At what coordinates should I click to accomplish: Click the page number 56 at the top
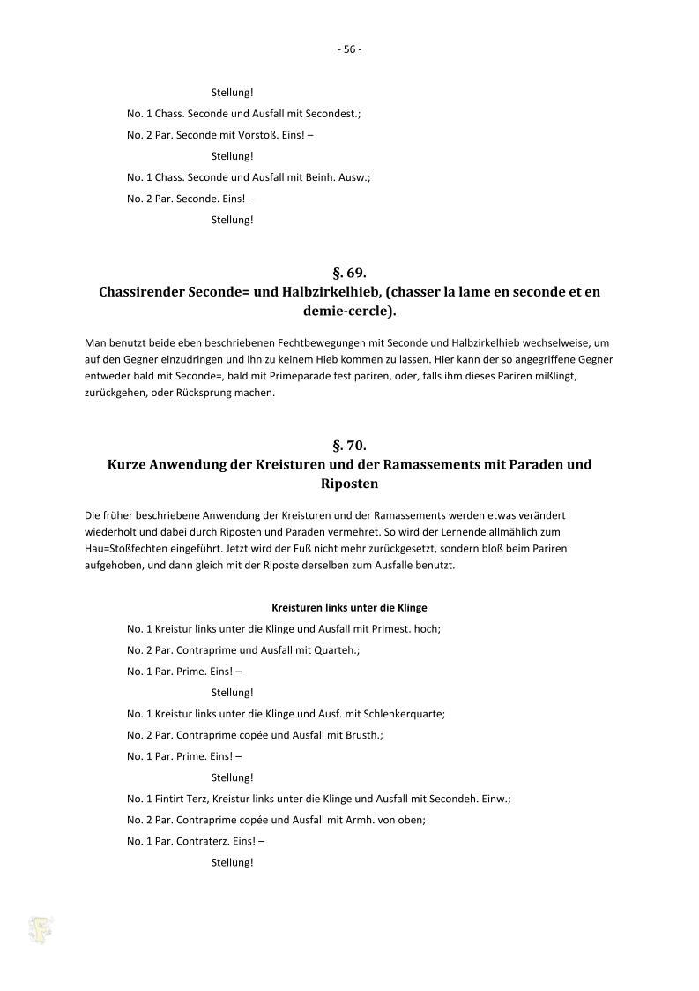(x=349, y=49)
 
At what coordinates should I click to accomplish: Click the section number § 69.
(x=349, y=274)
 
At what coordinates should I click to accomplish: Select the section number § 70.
(x=349, y=447)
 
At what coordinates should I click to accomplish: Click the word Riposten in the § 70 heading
(x=349, y=483)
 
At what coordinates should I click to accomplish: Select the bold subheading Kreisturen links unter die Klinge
(x=349, y=608)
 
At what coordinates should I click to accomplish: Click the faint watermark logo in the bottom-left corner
(x=41, y=928)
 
